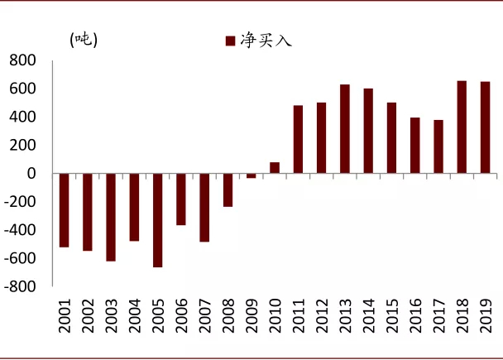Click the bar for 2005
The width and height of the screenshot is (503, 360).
coord(157,220)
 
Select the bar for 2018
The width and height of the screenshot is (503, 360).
coord(462,127)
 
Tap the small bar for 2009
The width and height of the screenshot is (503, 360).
coord(251,175)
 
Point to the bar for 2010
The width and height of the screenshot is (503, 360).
coord(275,168)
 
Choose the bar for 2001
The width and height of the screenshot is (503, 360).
coord(64,210)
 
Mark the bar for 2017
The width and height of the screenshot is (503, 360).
coord(438,146)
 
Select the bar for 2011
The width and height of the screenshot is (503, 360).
coord(298,139)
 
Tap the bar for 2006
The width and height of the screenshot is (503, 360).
coord(180,199)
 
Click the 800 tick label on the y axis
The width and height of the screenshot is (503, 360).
coord(22,60)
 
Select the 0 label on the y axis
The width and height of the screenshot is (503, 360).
coord(31,174)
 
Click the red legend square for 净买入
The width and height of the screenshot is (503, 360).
coord(229,40)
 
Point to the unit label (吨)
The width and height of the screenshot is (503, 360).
coord(84,39)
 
